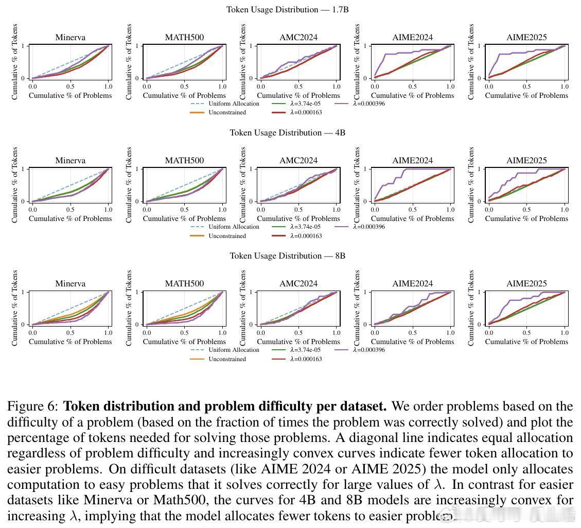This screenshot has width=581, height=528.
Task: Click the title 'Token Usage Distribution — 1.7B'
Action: click(287, 10)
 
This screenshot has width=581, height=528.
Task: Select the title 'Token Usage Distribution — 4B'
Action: click(287, 133)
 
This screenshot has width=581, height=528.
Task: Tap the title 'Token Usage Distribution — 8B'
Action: click(287, 256)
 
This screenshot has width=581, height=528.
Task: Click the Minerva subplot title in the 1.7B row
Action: click(71, 38)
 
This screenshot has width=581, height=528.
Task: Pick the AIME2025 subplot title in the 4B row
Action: click(526, 161)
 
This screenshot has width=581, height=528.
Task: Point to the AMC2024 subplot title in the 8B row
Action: click(298, 284)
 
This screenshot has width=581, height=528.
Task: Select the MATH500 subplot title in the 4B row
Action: click(184, 161)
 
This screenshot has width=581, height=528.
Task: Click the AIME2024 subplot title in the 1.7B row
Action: click(413, 38)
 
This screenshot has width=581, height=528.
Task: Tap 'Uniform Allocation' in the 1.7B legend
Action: click(234, 104)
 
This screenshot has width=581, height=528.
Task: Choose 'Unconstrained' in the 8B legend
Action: click(227, 359)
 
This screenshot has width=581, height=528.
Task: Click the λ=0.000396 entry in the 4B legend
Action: click(369, 227)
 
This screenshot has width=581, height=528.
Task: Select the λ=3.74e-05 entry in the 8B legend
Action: click(305, 350)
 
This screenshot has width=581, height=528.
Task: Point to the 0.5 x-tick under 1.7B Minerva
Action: click(71, 87)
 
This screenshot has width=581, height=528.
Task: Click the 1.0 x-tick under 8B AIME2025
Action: click(565, 333)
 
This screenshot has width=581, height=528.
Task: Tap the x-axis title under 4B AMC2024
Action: click(298, 218)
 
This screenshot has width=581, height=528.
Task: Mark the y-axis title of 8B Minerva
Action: click(15, 308)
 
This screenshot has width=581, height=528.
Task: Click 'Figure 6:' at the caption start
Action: click(33, 406)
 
